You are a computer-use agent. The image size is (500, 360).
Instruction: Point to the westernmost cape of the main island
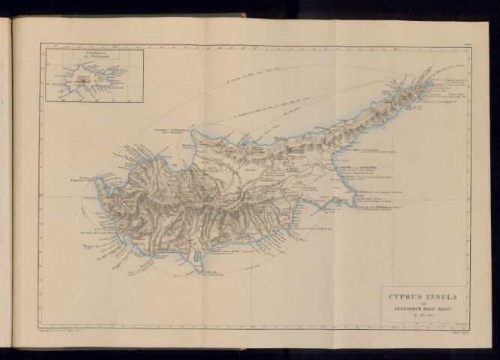(98, 187)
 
